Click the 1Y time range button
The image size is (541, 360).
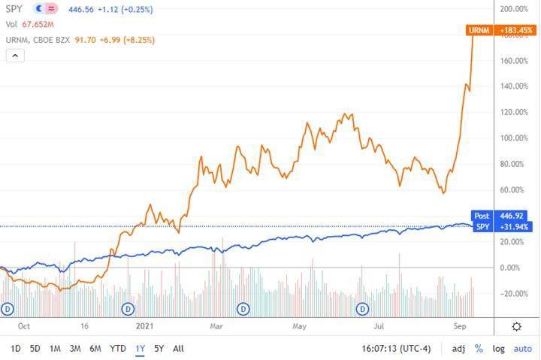tap(140, 349)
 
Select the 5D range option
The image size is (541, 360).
tap(35, 349)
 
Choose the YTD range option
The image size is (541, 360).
tap(118, 349)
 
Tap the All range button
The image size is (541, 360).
tap(178, 349)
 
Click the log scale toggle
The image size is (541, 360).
tap(498, 349)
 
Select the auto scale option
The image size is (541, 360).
tap(522, 349)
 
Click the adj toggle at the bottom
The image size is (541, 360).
tap(458, 349)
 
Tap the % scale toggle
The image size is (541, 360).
tap(479, 349)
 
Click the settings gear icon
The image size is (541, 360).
tap(517, 326)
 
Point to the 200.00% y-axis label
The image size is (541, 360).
tap(515, 9)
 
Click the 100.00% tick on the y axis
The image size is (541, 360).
tap(515, 138)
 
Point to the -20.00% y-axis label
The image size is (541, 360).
tap(515, 294)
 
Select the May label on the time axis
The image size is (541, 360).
tap(300, 326)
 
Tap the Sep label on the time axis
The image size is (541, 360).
tap(459, 326)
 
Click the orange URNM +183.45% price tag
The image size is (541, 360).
tap(500, 30)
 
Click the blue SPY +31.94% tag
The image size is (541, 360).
tap(502, 227)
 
